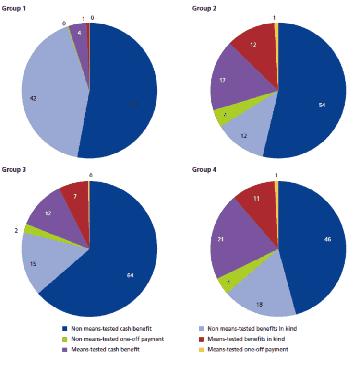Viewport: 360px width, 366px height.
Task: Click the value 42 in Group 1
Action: coord(33,98)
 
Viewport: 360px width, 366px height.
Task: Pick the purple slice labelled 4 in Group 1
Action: coord(79,34)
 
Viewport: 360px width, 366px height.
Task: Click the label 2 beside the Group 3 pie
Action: coord(17,230)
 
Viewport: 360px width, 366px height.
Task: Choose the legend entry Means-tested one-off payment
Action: coord(248,349)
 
